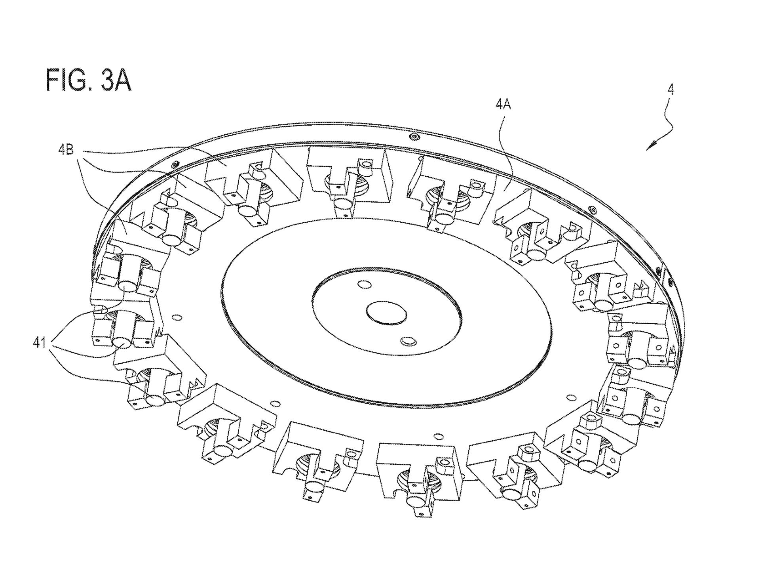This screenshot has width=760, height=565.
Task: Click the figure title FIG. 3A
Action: (x=88, y=80)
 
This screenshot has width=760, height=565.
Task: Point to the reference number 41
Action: (x=40, y=342)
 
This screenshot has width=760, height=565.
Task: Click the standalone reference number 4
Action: (x=671, y=90)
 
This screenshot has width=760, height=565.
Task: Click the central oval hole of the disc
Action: (x=386, y=311)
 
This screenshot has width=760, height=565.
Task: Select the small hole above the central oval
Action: (x=363, y=284)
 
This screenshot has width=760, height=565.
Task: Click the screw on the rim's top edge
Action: (x=414, y=136)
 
